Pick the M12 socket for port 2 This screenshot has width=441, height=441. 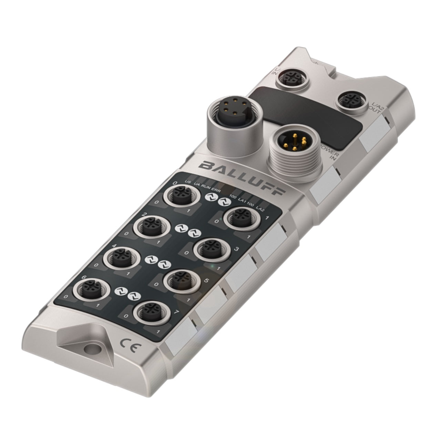click(151, 226)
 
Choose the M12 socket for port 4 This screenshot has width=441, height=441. click(121, 256)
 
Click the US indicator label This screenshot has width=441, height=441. click(188, 182)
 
